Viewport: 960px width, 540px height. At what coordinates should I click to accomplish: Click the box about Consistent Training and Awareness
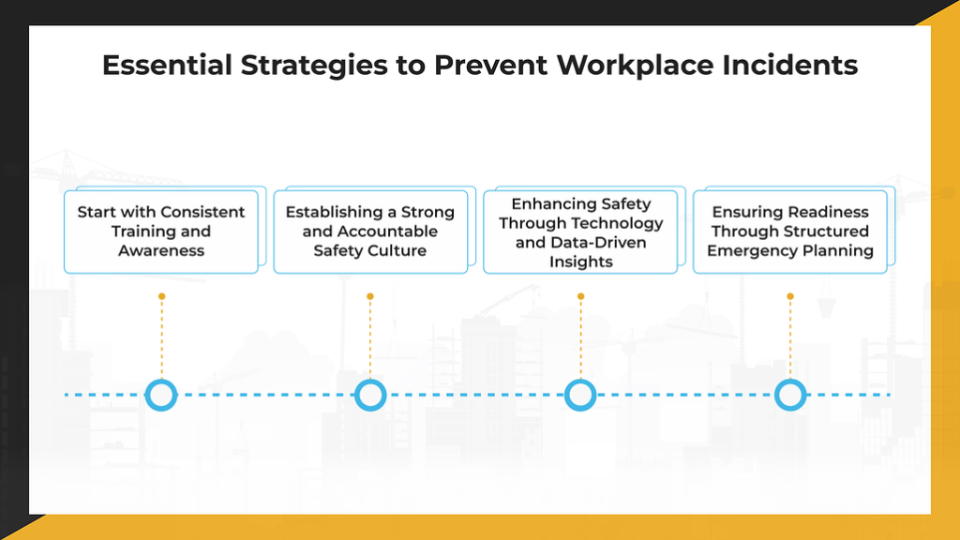pyautogui.click(x=161, y=232)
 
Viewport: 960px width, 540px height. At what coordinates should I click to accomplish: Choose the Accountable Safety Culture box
pyautogui.click(x=370, y=232)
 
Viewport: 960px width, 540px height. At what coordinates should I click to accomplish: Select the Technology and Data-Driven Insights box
pyautogui.click(x=580, y=232)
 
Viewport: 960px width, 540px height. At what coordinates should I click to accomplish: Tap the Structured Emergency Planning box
pyautogui.click(x=790, y=232)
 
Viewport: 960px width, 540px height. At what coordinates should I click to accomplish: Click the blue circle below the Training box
pyautogui.click(x=161, y=395)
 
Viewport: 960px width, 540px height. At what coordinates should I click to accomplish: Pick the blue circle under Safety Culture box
pyautogui.click(x=371, y=395)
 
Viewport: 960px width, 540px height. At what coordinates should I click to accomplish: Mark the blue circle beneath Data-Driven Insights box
pyautogui.click(x=580, y=395)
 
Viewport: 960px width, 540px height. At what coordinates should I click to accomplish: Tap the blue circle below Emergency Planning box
pyautogui.click(x=790, y=395)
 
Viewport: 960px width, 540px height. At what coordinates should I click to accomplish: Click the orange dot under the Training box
pyautogui.click(x=161, y=296)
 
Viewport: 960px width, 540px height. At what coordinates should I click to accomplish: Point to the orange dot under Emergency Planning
pyautogui.click(x=790, y=296)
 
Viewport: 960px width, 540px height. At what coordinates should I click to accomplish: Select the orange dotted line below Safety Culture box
pyautogui.click(x=370, y=337)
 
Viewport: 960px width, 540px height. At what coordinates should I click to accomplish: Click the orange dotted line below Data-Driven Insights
pyautogui.click(x=580, y=337)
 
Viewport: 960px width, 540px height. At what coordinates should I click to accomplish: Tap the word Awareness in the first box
pyautogui.click(x=161, y=250)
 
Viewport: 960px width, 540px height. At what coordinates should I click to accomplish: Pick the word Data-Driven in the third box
pyautogui.click(x=592, y=242)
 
